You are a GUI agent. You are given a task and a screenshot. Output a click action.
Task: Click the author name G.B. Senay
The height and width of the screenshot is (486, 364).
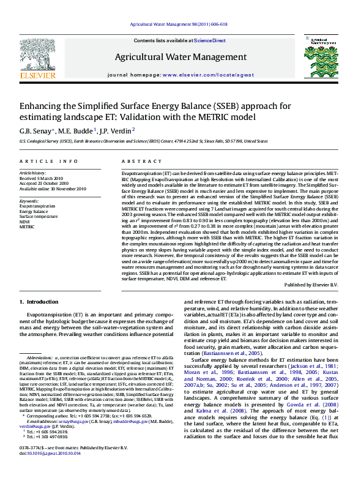37,130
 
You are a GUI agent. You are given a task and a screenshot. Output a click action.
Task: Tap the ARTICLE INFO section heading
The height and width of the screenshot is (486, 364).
40,161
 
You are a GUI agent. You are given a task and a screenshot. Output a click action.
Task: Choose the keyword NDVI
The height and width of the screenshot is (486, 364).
26,221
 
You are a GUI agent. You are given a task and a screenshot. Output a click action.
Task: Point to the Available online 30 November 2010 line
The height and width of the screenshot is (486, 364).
53,189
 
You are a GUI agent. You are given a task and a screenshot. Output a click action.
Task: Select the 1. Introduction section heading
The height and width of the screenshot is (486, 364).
39,302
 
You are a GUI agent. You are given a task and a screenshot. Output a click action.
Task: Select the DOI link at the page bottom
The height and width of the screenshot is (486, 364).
50,471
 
